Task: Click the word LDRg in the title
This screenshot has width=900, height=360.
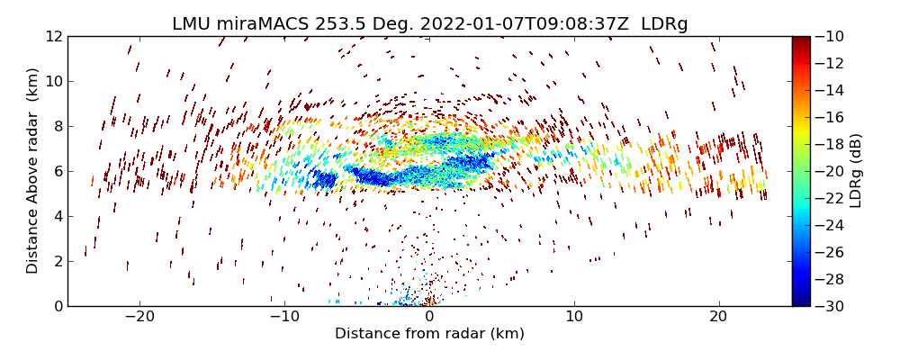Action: [x=664, y=24]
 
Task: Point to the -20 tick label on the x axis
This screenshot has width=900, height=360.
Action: [x=139, y=317]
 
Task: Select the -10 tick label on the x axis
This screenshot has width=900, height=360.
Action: [x=284, y=317]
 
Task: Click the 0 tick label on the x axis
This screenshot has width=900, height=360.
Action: [x=429, y=317]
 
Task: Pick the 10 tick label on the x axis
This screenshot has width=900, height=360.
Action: [x=574, y=317]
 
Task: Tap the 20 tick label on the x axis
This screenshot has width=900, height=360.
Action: [x=718, y=317]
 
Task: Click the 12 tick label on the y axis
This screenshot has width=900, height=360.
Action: [x=54, y=36]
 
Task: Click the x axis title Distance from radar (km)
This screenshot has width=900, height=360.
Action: [x=429, y=334]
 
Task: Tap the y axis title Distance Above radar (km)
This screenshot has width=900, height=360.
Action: [x=33, y=171]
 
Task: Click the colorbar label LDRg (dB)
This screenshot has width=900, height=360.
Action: [x=856, y=171]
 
